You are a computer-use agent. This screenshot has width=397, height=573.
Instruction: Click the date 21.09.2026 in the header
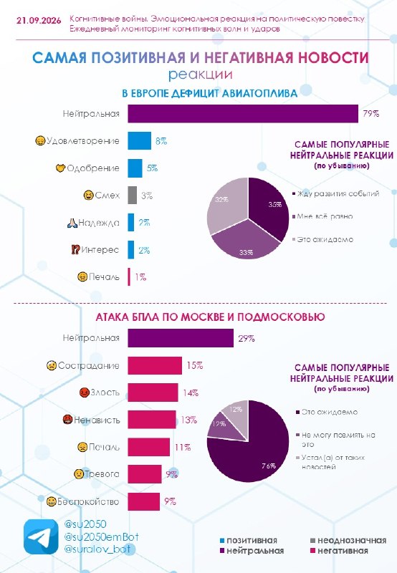pyautogui.click(x=39, y=21)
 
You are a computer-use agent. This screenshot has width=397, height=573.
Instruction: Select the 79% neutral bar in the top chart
pyautogui.click(x=243, y=114)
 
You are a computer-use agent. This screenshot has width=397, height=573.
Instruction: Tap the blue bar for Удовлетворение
pyautogui.click(x=139, y=140)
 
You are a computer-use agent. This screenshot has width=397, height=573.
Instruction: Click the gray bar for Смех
pyautogui.click(x=132, y=195)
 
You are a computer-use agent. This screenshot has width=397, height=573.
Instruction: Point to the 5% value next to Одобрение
pyautogui.click(x=152, y=168)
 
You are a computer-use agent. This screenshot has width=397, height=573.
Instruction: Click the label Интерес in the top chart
pyautogui.click(x=100, y=250)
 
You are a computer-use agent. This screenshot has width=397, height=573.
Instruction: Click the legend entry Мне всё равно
pyautogui.click(x=325, y=216)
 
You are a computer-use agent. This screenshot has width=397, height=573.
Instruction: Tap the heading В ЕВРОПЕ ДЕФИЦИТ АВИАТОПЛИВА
pyautogui.click(x=209, y=94)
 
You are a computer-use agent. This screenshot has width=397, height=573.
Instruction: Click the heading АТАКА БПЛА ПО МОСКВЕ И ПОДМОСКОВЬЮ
pyautogui.click(x=210, y=317)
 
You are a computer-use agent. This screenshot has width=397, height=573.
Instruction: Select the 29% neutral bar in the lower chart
pyautogui.click(x=181, y=338)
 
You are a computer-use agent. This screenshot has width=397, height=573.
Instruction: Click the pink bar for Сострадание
pyautogui.click(x=155, y=365)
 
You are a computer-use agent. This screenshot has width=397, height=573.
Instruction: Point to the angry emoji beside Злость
pyautogui.click(x=85, y=393)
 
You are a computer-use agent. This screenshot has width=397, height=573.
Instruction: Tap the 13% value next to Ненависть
pyautogui.click(x=188, y=420)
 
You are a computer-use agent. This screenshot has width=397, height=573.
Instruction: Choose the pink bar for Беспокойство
pyautogui.click(x=143, y=501)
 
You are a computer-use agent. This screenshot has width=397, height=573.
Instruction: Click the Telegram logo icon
pyautogui.click(x=41, y=536)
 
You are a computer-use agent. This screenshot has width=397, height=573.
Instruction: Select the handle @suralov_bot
pyautogui.click(x=97, y=549)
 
